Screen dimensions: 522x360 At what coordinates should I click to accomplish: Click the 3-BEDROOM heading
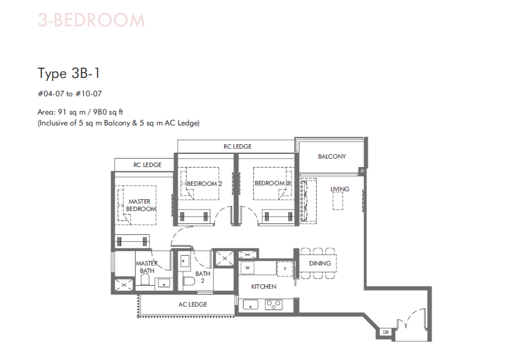[92, 20]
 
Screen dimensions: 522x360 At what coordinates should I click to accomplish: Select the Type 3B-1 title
[69, 74]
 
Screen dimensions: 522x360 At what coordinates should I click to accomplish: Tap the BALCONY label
[332, 156]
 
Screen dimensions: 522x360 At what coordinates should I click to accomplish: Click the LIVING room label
[340, 189]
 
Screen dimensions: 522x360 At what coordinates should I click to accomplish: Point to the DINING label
[320, 263]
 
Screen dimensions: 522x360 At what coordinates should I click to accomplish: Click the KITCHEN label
[264, 286]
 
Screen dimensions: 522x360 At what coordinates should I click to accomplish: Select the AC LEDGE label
[193, 304]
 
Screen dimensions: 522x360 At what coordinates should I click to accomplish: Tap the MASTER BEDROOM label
[141, 205]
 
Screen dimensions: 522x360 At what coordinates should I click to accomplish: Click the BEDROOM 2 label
[204, 184]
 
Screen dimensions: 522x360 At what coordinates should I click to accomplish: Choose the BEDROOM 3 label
[272, 183]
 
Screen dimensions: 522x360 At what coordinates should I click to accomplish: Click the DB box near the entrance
[386, 332]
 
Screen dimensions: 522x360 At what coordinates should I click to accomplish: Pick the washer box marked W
[247, 268]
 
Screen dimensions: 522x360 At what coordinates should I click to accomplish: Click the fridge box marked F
[285, 269]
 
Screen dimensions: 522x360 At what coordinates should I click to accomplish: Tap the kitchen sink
[251, 304]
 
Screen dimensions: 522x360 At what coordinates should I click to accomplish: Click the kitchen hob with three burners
[274, 305]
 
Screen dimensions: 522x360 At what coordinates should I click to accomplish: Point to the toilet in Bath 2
[189, 281]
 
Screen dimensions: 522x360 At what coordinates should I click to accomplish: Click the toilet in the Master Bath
[145, 280]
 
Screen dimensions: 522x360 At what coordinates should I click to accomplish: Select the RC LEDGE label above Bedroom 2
[237, 147]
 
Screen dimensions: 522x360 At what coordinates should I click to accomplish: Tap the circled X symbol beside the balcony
[362, 171]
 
